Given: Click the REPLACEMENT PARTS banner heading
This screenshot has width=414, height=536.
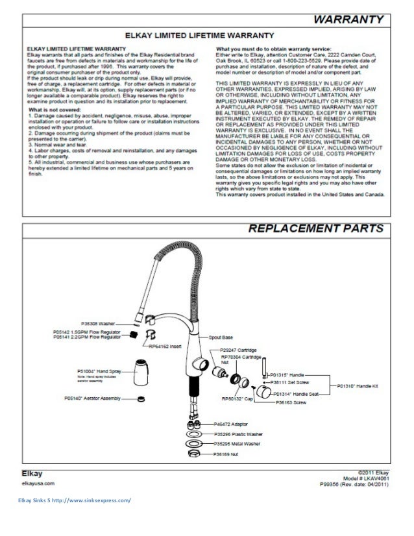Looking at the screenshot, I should (x=317, y=229).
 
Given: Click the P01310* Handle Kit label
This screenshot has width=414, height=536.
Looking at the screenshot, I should (x=358, y=385).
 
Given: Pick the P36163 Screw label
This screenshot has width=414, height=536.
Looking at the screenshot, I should (x=292, y=403).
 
